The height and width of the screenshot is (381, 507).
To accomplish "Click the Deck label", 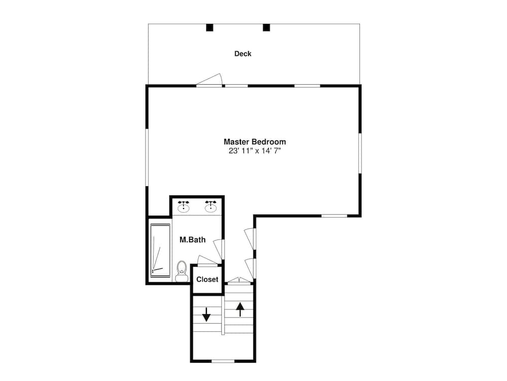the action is pos(243,54).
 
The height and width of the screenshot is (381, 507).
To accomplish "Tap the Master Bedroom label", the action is pos(255,142).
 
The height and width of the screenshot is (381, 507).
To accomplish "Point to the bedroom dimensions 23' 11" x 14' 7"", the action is pos(255,151).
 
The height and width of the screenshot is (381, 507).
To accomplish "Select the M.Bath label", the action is pos(192,239).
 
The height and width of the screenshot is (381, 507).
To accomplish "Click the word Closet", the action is pos(207,279).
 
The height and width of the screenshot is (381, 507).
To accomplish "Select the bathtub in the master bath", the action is pos(160,251).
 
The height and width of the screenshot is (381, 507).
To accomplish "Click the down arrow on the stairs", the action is pos(206,315).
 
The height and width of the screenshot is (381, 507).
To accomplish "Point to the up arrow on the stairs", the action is pos(240,309).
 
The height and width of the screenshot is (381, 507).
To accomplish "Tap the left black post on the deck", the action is pos(210,28).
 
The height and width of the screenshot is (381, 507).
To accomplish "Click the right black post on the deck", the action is pos(266,28).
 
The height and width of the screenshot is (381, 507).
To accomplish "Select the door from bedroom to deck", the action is pos(209,81).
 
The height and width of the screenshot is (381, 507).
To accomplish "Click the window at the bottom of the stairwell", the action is pos(223,361).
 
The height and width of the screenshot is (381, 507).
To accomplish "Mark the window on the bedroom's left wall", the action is pos(147,157).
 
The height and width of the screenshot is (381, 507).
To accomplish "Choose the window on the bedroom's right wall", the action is pos(360,153).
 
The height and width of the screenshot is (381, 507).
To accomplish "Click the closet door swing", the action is pos(207,261).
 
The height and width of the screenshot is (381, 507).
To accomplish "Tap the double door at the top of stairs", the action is pos(239,281).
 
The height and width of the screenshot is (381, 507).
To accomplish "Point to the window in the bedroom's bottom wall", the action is pos(334,216).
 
